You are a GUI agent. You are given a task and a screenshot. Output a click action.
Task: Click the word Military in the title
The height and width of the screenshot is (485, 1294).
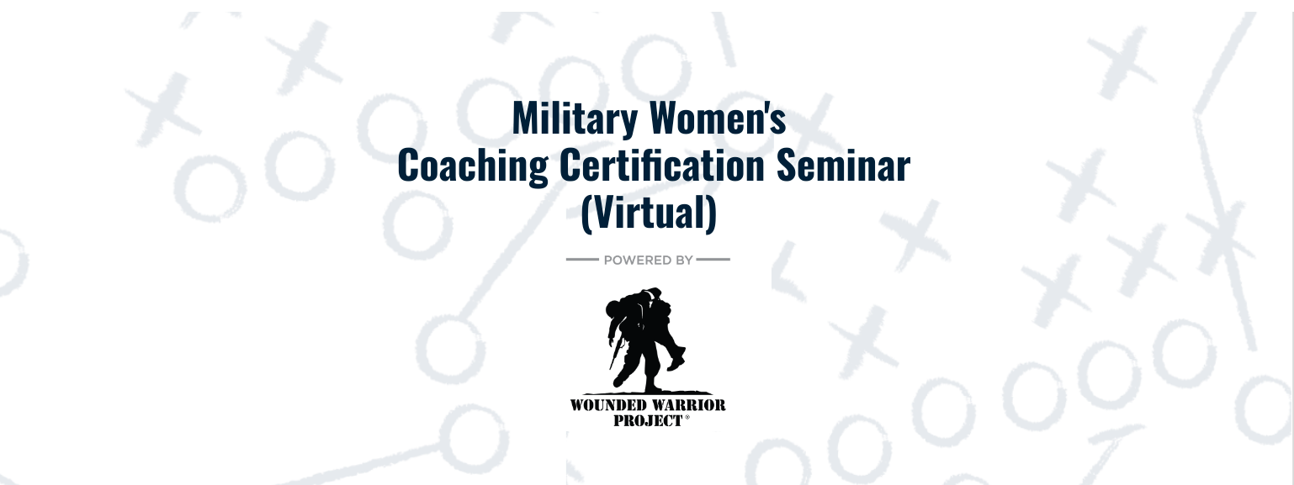tap(575, 119)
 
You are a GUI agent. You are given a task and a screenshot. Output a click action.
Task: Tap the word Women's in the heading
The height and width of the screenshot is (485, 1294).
tap(718, 119)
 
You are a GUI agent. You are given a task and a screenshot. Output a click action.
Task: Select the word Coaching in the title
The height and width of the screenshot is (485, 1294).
tap(473, 166)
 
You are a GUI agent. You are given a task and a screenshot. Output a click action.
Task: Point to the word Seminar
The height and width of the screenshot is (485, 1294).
tap(843, 165)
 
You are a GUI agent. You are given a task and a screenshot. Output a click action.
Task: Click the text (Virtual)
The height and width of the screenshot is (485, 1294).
tap(649, 213)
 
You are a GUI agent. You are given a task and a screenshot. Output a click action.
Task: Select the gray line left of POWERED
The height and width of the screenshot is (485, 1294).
tap(582, 260)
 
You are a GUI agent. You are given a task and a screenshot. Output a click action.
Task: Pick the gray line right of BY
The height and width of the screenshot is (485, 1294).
tap(713, 260)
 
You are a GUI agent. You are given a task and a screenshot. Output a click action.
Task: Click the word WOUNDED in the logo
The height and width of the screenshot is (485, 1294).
tap(607, 405)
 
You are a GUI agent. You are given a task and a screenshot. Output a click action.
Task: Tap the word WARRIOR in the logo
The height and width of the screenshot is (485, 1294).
tap(687, 405)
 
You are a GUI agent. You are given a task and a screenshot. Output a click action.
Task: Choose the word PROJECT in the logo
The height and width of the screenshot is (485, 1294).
tap(648, 421)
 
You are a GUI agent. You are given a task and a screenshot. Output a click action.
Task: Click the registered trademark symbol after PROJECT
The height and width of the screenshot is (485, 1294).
tap(687, 417)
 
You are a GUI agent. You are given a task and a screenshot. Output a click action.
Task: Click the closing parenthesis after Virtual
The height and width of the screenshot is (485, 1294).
tap(712, 214)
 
